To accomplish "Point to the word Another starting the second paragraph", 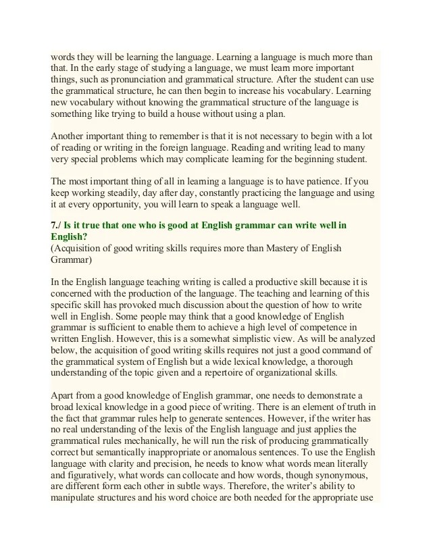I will click(70, 136).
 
